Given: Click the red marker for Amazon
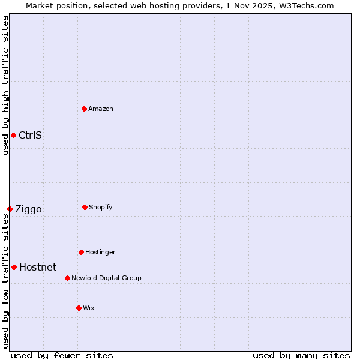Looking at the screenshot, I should (84, 109).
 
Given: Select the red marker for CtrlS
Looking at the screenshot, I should (13, 135).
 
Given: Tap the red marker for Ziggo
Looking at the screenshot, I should (10, 209).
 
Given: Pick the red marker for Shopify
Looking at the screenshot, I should (85, 207).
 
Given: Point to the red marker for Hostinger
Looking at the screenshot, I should (81, 252).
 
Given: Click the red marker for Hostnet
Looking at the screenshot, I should (14, 267).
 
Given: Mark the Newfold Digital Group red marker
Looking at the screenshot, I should (67, 278).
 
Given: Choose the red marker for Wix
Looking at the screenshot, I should (79, 308).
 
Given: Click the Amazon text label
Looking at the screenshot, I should (101, 109).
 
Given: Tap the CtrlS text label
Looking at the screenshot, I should (30, 135).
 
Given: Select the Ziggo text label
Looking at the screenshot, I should (28, 209).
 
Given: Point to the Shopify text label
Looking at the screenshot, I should (101, 207).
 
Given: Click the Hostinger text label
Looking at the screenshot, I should (100, 252).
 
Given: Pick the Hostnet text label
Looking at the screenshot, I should (38, 267).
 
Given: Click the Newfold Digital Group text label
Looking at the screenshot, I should (106, 278).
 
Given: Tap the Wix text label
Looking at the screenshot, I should (89, 308).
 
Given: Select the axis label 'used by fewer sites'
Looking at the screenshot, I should (62, 355).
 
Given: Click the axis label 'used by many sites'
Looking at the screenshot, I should (301, 355).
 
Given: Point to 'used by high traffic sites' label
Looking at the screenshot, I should (5, 85).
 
